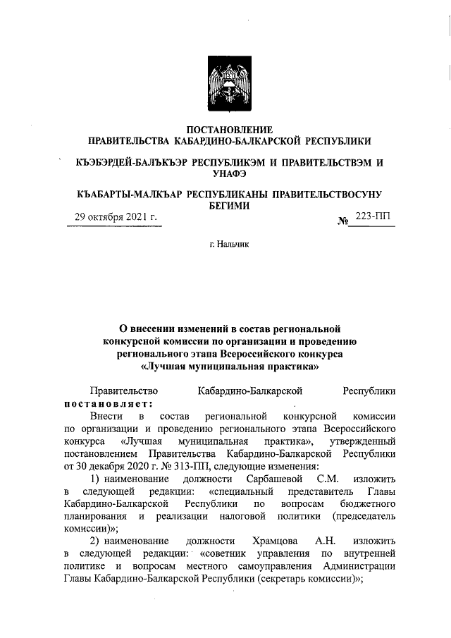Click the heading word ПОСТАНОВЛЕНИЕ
[x=228, y=129]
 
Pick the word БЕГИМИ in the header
[x=228, y=205]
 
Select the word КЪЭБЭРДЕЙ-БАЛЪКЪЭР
[x=131, y=162]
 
